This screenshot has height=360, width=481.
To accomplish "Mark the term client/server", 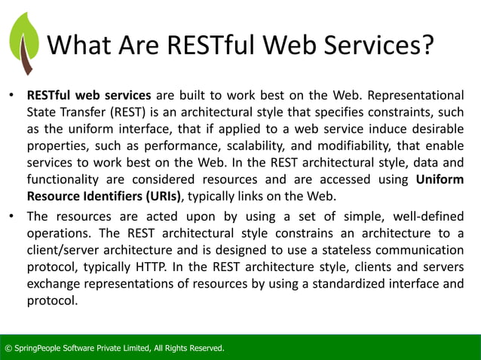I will pyautogui.click(x=68, y=249).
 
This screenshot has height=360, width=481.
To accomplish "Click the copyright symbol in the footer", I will pyautogui.click(x=8, y=348).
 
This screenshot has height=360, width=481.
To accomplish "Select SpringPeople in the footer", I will pyautogui.click(x=38, y=348).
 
